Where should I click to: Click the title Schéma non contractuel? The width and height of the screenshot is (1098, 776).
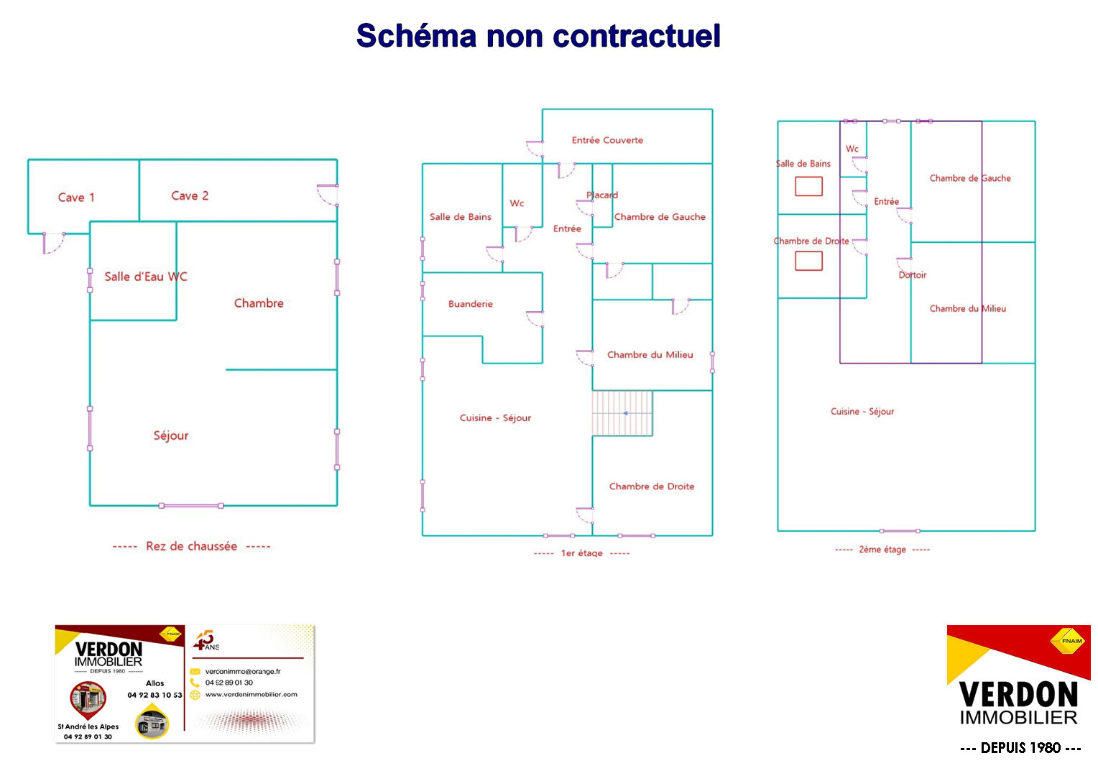point(538,36)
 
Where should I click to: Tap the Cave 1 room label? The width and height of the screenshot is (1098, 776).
point(76,198)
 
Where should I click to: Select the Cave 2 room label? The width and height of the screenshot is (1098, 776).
point(190,195)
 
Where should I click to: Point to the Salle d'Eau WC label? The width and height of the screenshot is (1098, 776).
point(145,277)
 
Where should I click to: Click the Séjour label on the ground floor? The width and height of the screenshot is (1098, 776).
point(171,435)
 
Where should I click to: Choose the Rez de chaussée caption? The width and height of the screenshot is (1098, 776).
point(191,546)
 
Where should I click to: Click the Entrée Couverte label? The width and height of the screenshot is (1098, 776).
point(607,140)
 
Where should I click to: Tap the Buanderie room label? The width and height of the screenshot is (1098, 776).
point(471,304)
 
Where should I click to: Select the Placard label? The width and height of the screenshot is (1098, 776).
point(602,195)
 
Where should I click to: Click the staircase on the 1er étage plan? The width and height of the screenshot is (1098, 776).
point(622,413)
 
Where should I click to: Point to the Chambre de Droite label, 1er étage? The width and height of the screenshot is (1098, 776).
point(652,486)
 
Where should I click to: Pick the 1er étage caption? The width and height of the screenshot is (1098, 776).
point(581,553)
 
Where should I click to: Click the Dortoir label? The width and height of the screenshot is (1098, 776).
point(913,275)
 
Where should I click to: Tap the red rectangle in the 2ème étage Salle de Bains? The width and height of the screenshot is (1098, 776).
point(808,187)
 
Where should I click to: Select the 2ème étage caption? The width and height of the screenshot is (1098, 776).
point(882,550)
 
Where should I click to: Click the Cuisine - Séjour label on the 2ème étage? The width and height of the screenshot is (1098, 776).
point(862,412)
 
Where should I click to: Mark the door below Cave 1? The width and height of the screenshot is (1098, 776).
point(53,243)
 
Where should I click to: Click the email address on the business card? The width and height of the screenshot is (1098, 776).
point(243,671)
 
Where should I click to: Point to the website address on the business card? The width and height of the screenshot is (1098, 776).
point(251,695)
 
